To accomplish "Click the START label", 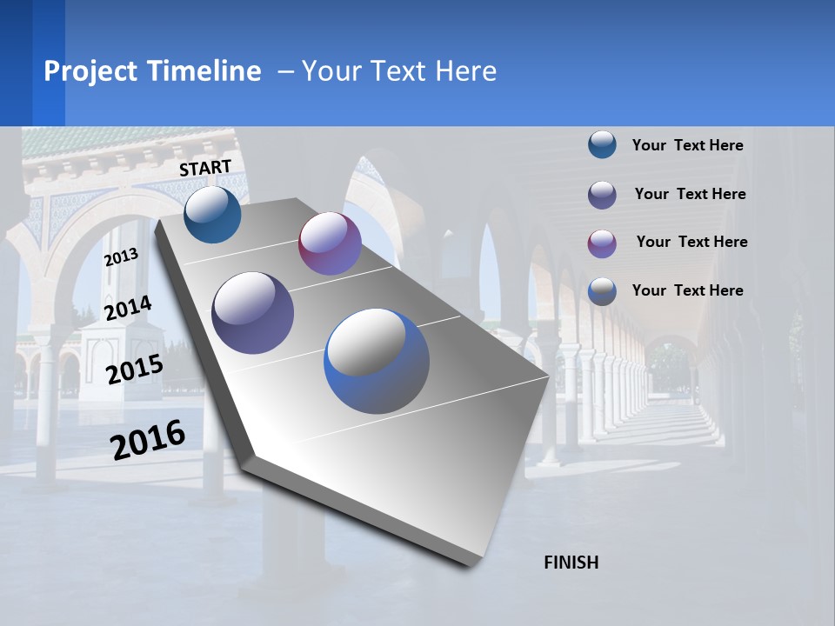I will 205,168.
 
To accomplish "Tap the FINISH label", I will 571,563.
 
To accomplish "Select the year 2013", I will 121,257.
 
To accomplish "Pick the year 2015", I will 134,370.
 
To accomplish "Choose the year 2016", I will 148,440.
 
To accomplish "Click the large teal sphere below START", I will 212,214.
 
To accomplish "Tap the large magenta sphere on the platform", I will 330,243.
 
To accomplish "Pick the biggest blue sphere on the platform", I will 377,361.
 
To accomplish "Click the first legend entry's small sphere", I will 602,144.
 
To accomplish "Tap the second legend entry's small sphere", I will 602,194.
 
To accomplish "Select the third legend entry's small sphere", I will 602,243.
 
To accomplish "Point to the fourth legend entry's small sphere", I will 602,291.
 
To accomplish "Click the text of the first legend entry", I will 687,145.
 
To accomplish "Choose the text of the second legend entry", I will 690,194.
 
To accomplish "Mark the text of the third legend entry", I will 691,242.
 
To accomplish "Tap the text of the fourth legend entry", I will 687,290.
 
